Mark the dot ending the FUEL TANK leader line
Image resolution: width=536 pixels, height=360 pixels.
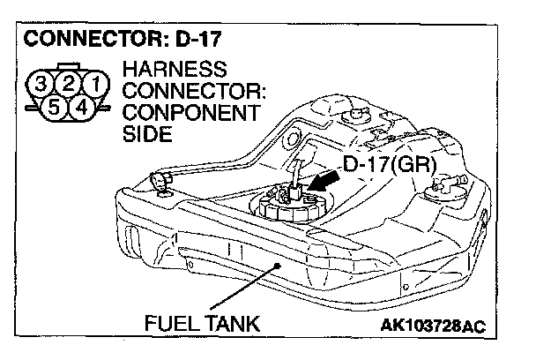[279, 262]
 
